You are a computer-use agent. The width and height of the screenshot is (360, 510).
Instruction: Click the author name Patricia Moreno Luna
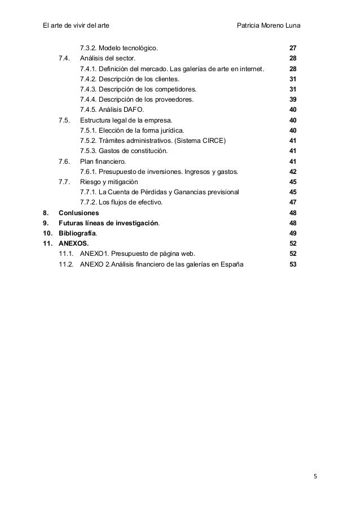coord(273,25)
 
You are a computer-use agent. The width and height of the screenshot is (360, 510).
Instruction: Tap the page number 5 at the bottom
coord(315,476)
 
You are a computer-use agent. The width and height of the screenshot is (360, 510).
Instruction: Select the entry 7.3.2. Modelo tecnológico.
coord(120,48)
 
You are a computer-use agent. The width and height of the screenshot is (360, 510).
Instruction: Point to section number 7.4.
coord(64,58)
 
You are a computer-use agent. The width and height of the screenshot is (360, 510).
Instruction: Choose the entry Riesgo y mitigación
coord(109,182)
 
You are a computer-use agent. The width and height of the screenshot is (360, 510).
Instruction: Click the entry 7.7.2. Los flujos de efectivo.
coord(121,202)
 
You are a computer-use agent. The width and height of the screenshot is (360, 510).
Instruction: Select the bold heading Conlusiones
coord(79,213)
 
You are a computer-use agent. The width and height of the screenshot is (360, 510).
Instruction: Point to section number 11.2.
coord(67,264)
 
